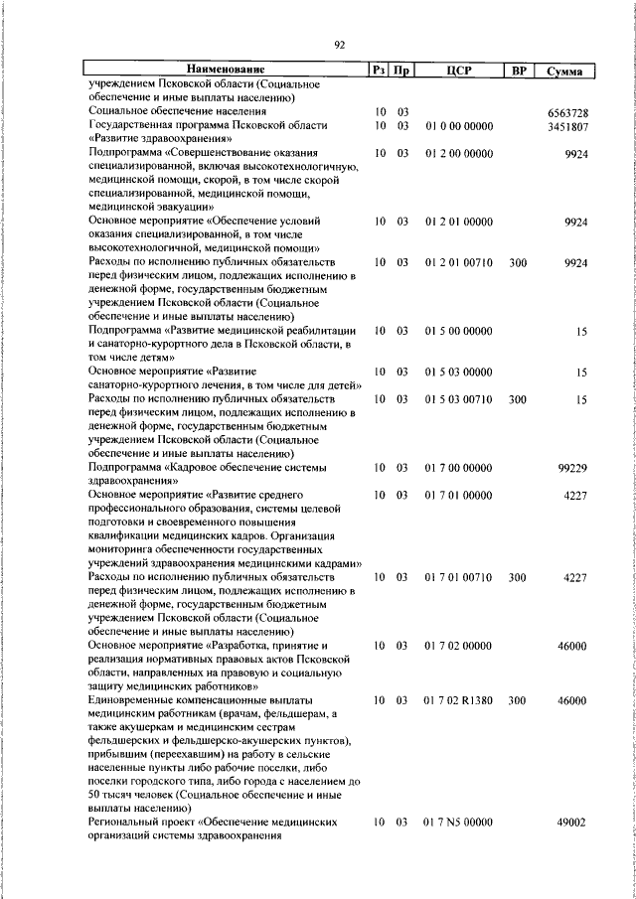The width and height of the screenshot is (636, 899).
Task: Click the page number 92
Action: tap(340, 44)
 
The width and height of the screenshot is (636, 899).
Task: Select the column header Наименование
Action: tap(227, 71)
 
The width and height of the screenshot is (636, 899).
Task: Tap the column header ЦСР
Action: tap(458, 71)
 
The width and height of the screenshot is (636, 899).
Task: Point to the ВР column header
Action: tap(517, 71)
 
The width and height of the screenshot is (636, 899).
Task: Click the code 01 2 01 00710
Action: tap(458, 262)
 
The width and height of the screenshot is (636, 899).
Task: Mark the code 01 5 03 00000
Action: tap(458, 372)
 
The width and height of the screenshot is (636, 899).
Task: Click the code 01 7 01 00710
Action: tap(458, 577)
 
